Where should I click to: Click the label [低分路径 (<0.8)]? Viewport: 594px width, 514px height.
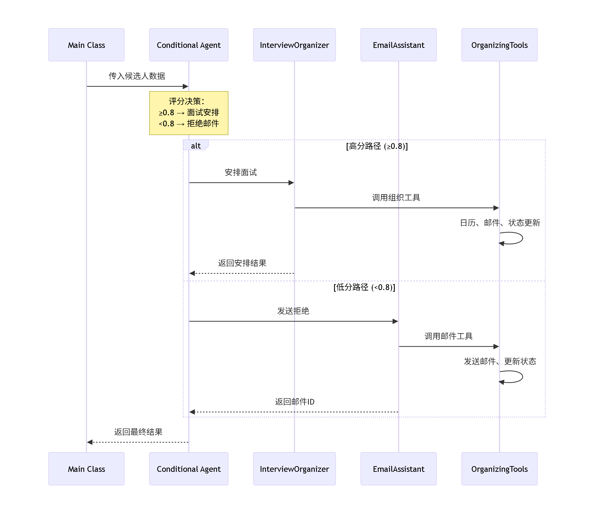click(364, 287)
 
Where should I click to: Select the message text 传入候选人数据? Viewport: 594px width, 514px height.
click(137, 76)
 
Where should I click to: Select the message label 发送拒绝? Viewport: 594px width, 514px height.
click(293, 311)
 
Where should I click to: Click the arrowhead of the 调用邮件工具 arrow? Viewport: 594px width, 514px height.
click(496, 346)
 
